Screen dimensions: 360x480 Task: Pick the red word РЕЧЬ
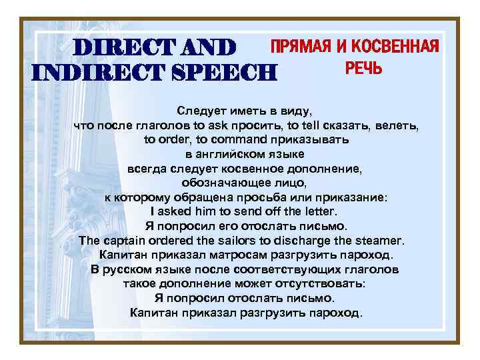[x=364, y=68]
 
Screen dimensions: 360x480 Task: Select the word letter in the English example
[x=313, y=211]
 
